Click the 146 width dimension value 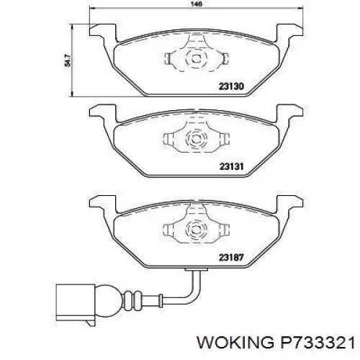click(x=197, y=4)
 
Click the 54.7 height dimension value click(x=68, y=60)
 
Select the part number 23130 click(x=231, y=86)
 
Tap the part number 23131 click(x=232, y=166)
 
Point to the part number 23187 click(x=231, y=258)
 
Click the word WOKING click(x=235, y=342)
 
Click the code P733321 click(x=318, y=342)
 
